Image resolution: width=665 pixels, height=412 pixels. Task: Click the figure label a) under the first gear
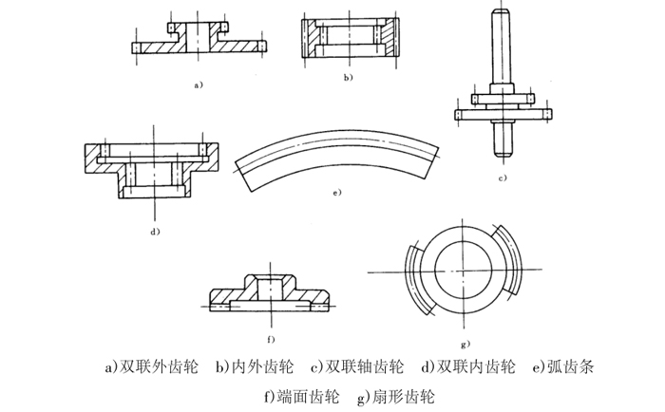(199, 84)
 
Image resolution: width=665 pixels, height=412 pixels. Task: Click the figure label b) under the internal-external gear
(349, 76)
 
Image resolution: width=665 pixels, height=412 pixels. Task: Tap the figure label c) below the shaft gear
(502, 178)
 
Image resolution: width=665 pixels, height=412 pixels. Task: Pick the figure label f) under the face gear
(270, 338)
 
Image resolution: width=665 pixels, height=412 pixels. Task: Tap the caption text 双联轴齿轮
(367, 366)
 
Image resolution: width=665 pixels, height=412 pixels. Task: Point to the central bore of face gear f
(269, 286)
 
